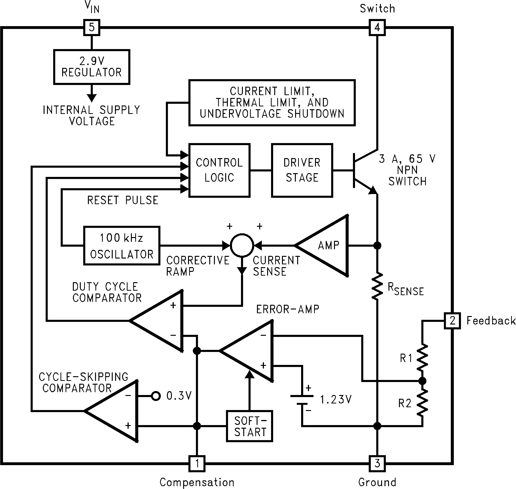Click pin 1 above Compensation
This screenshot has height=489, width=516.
197,463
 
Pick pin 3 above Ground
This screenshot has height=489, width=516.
377,463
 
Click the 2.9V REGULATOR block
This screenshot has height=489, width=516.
92,67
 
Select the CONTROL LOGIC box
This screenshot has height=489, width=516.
219,170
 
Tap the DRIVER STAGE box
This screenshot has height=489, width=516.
302,170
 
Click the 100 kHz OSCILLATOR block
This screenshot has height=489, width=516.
122,246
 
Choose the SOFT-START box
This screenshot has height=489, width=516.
249,426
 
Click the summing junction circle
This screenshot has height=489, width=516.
242,245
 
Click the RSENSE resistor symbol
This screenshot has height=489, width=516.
377,286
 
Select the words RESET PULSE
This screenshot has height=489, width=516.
123,200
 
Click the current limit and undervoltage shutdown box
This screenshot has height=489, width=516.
272,103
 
